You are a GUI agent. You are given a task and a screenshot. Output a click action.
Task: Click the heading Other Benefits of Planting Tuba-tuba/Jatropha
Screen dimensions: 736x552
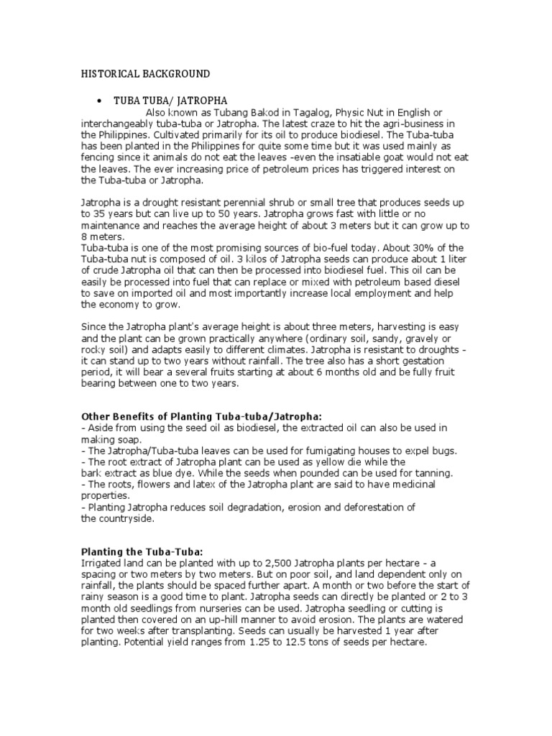pyautogui.click(x=202, y=416)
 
